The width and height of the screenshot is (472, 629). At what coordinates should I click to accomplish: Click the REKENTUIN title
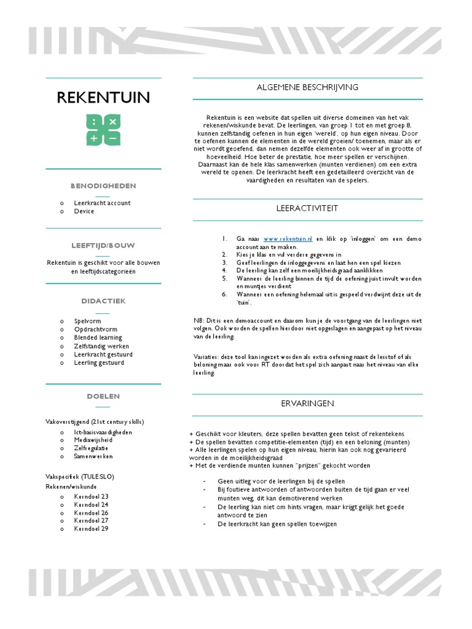[103, 98]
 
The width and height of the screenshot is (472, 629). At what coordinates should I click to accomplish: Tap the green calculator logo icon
[103, 130]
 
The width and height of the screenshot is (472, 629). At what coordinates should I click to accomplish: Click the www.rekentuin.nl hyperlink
[288, 238]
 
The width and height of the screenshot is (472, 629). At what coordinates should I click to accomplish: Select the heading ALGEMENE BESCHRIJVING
[307, 87]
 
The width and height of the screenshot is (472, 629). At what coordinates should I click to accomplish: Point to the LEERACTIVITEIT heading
[307, 208]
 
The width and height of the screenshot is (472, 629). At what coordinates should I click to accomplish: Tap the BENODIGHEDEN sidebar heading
[103, 186]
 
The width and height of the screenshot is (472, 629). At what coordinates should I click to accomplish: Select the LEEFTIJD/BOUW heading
[103, 245]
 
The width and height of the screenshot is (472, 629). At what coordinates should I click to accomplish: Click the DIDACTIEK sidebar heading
[103, 301]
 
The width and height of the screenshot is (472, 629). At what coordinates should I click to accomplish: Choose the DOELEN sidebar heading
[103, 396]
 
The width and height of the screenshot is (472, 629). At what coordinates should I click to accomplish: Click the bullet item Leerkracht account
[102, 203]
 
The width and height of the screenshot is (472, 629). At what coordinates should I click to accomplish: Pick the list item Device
[84, 211]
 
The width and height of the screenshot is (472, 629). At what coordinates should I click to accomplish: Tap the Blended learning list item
[98, 337]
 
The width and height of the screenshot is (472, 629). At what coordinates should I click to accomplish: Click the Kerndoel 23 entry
[91, 496]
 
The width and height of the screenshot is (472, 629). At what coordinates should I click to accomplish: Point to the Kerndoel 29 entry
[91, 528]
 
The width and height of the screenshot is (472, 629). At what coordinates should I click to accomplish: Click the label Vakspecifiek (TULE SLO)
[80, 477]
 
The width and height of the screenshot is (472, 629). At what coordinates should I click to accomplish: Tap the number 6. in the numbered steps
[225, 294]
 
